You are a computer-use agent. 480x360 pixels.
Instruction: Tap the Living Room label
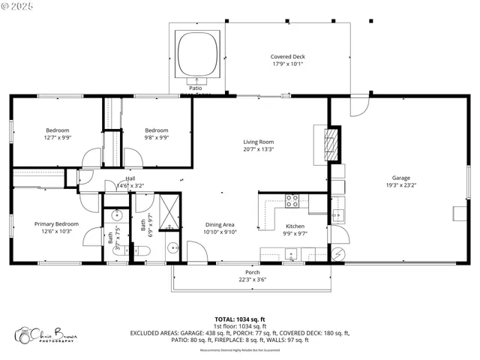[x=258, y=142]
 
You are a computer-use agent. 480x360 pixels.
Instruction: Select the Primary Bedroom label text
[x=56, y=223]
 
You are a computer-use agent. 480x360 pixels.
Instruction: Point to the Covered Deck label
[x=288, y=56]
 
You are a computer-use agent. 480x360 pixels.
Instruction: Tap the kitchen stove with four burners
[x=292, y=200]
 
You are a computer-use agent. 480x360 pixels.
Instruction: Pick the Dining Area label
[x=220, y=224]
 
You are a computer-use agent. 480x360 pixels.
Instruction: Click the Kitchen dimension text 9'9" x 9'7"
[x=295, y=234]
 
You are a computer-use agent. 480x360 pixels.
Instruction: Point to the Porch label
[x=253, y=272]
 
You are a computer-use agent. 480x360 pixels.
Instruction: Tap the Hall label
[x=130, y=178]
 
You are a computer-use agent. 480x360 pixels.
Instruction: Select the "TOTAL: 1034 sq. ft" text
[x=239, y=319]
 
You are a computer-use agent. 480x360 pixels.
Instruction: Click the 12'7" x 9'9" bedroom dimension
[x=57, y=137]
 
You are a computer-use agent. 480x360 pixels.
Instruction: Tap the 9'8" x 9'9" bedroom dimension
[x=156, y=137]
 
